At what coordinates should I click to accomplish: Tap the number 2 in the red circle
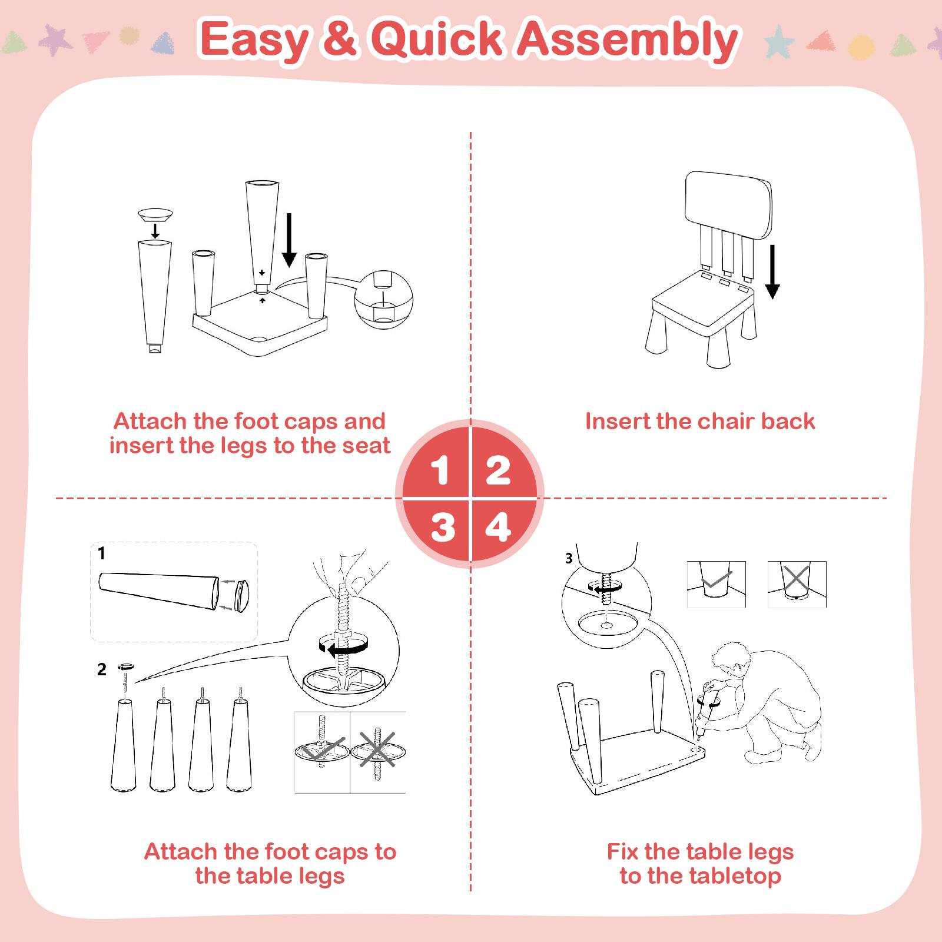click(498, 470)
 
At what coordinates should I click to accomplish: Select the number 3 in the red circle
click(442, 528)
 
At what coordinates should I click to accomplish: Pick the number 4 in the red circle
click(498, 528)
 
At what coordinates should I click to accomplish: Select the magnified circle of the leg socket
click(383, 299)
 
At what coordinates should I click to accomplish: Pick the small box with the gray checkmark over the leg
click(716, 584)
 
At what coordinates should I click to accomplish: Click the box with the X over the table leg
click(797, 584)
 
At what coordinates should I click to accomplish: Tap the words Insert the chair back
click(699, 422)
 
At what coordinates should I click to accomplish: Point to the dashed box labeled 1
click(174, 592)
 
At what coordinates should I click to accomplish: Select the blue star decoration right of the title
click(780, 40)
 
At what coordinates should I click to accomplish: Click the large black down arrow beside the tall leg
click(288, 240)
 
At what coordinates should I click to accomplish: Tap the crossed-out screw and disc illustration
click(378, 752)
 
